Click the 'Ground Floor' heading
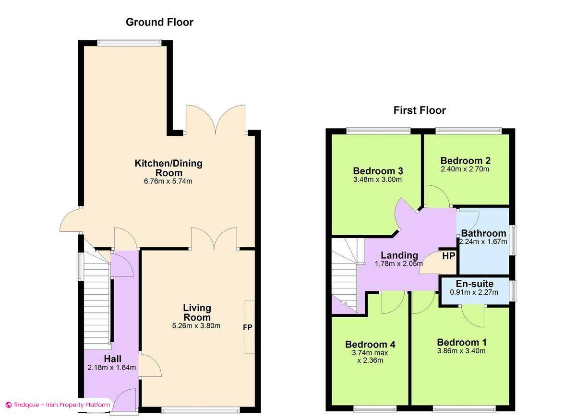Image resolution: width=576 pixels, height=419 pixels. (159, 22)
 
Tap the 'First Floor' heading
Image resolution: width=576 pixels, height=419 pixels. (420, 110)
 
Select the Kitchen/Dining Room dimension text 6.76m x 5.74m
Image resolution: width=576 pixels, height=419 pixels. (168, 181)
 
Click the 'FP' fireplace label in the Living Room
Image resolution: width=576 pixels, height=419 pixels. (248, 327)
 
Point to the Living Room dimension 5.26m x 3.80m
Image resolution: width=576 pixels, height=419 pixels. (196, 326)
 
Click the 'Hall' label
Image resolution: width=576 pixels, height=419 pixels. (112, 359)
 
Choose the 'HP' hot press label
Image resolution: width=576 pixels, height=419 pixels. (448, 256)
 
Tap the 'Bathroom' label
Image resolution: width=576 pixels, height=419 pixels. (483, 234)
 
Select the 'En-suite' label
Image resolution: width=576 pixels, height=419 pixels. (474, 284)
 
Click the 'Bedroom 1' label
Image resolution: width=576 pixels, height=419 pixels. (461, 342)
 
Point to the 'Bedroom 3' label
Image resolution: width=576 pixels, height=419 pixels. (377, 171)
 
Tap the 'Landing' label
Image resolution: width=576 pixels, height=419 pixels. (399, 255)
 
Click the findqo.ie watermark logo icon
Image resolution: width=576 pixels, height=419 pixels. (8, 405)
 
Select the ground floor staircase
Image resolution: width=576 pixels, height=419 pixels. (97, 298)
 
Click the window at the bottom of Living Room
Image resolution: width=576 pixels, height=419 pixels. (200, 409)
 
